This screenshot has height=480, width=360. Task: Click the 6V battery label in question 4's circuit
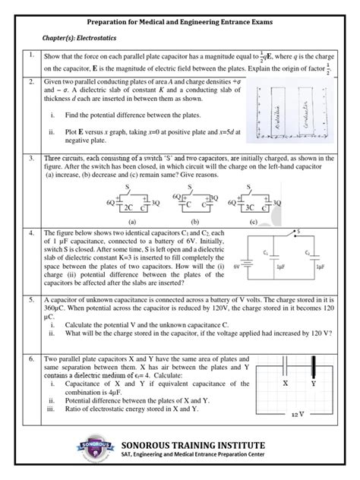click(236, 267)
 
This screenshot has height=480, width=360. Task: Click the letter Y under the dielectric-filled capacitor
click(314, 385)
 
